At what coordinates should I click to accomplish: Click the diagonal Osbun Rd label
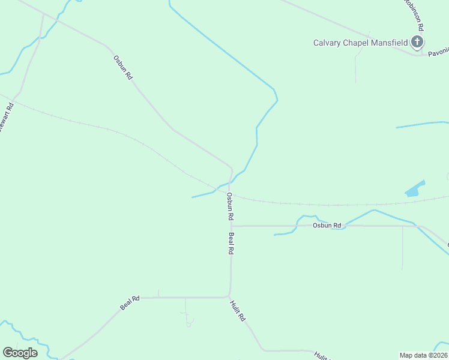click(122, 68)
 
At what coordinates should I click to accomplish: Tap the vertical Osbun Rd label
click(230, 206)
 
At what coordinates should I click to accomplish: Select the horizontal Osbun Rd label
click(327, 226)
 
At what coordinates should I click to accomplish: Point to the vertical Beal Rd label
click(231, 244)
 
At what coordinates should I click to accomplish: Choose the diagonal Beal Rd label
click(130, 302)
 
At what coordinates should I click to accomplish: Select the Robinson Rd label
click(414, 14)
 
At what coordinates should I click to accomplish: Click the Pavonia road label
click(437, 53)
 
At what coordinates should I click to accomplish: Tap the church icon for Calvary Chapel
click(417, 42)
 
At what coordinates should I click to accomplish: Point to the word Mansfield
click(390, 43)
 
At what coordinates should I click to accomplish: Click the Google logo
click(20, 353)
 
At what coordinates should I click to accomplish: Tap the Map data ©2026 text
click(423, 355)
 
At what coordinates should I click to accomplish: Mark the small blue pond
click(414, 189)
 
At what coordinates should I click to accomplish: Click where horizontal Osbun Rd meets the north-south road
click(231, 226)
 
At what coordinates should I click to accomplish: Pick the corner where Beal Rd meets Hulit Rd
click(229, 296)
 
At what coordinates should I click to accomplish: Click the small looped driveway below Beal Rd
click(189, 323)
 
